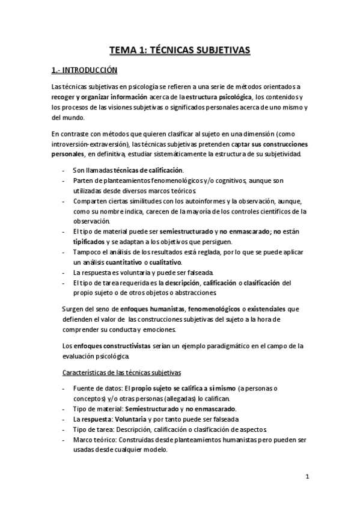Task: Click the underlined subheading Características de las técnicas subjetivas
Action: (118, 372)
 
